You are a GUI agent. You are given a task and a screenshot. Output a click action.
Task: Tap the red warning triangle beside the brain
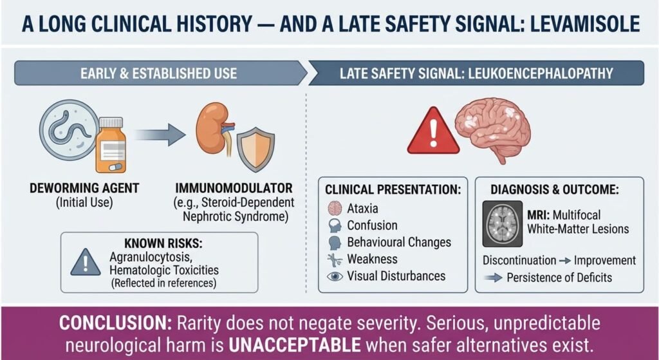pos(433,131)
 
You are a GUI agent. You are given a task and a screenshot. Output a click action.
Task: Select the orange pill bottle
pos(111,145)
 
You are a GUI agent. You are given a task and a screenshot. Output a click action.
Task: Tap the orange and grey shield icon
pos(255,149)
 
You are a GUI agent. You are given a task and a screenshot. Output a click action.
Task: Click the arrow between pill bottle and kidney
pos(161,135)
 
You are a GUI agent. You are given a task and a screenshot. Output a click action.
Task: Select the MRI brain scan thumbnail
pos(503,223)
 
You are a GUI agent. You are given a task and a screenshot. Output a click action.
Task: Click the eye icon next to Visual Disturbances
pos(335,276)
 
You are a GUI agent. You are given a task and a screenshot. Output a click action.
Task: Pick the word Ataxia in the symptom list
pos(362,208)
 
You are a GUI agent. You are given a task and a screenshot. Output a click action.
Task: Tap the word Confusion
pos(372,225)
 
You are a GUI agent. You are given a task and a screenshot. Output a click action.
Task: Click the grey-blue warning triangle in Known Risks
pos(86,263)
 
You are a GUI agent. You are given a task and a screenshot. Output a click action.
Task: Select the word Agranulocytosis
pos(151,257)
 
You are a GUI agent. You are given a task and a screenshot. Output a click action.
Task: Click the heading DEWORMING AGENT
pos(84,187)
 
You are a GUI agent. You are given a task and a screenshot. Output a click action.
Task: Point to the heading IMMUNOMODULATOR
pos(234,187)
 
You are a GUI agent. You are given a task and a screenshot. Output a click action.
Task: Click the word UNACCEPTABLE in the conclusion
pos(295,345)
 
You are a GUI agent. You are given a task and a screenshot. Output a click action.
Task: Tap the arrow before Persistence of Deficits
pos(493,278)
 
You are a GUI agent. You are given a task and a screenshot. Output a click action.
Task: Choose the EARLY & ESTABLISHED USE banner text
pos(158,73)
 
